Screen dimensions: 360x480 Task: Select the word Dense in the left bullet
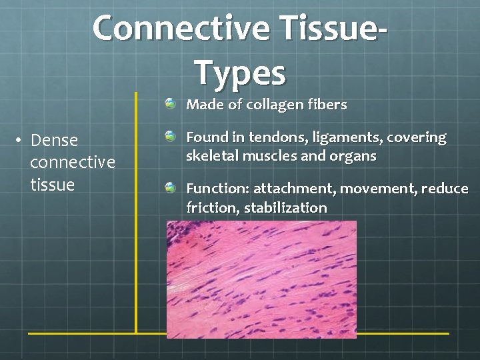[x=55, y=140]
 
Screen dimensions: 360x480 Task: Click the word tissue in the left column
[x=53, y=184]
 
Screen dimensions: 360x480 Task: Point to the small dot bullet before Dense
[x=21, y=140]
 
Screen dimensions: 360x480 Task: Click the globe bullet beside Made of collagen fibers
[x=171, y=104]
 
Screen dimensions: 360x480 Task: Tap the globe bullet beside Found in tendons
[x=171, y=137]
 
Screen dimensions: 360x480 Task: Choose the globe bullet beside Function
[x=171, y=189]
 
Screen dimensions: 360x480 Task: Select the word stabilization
[x=285, y=207]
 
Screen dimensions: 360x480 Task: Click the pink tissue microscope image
[x=261, y=279]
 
